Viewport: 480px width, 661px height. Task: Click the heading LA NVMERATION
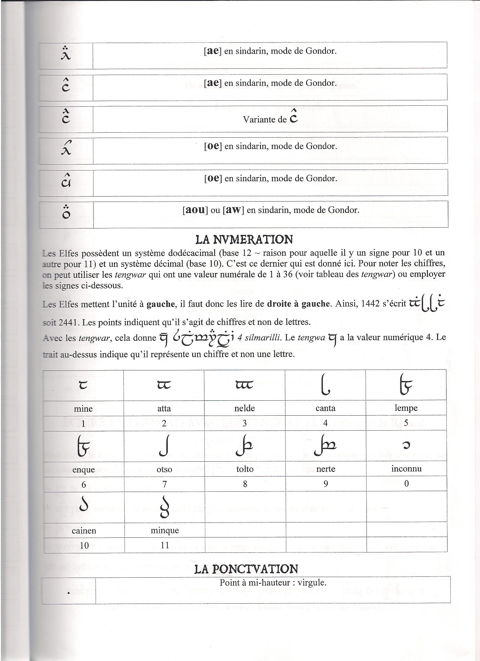click(244, 239)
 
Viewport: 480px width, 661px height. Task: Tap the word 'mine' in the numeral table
click(83, 408)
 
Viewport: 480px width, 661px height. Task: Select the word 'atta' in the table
click(164, 408)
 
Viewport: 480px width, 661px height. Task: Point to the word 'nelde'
click(245, 408)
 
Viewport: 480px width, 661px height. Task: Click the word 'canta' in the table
click(326, 408)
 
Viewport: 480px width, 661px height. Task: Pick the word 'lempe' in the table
click(406, 408)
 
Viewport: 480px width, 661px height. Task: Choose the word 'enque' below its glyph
click(84, 470)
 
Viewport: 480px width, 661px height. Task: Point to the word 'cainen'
click(84, 530)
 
